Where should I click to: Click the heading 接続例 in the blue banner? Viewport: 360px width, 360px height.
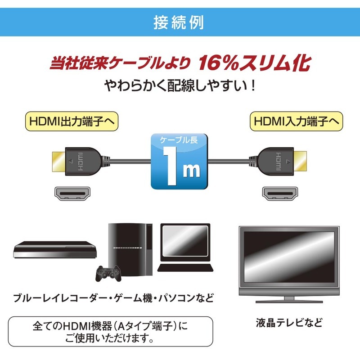pyautogui.click(x=179, y=22)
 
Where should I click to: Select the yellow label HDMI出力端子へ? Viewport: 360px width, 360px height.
pyautogui.click(x=72, y=121)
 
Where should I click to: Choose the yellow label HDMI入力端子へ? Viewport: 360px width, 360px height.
pyautogui.click(x=296, y=121)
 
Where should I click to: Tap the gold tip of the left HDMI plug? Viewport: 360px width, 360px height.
pyautogui.click(x=59, y=162)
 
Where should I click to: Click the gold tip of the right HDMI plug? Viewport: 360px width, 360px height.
pyautogui.click(x=300, y=162)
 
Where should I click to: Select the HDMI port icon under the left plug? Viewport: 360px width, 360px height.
pyautogui.click(x=72, y=194)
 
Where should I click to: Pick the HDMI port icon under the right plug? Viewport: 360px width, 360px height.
pyautogui.click(x=280, y=194)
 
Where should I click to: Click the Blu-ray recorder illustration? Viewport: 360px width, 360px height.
pyautogui.click(x=55, y=250)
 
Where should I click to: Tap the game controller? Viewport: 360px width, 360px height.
pyautogui.click(x=108, y=273)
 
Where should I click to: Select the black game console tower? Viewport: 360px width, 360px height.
pyautogui.click(x=130, y=249)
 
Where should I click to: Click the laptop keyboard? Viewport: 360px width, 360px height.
pyautogui.click(x=185, y=268)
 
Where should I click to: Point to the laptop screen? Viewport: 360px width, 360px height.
pyautogui.click(x=185, y=240)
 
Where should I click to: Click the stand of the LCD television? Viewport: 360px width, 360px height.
pyautogui.click(x=289, y=300)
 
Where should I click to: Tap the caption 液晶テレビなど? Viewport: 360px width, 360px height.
pyautogui.click(x=289, y=323)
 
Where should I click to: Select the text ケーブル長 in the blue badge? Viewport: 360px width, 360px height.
pyautogui.click(x=179, y=140)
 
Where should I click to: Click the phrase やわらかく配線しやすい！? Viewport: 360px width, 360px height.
pyautogui.click(x=180, y=86)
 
